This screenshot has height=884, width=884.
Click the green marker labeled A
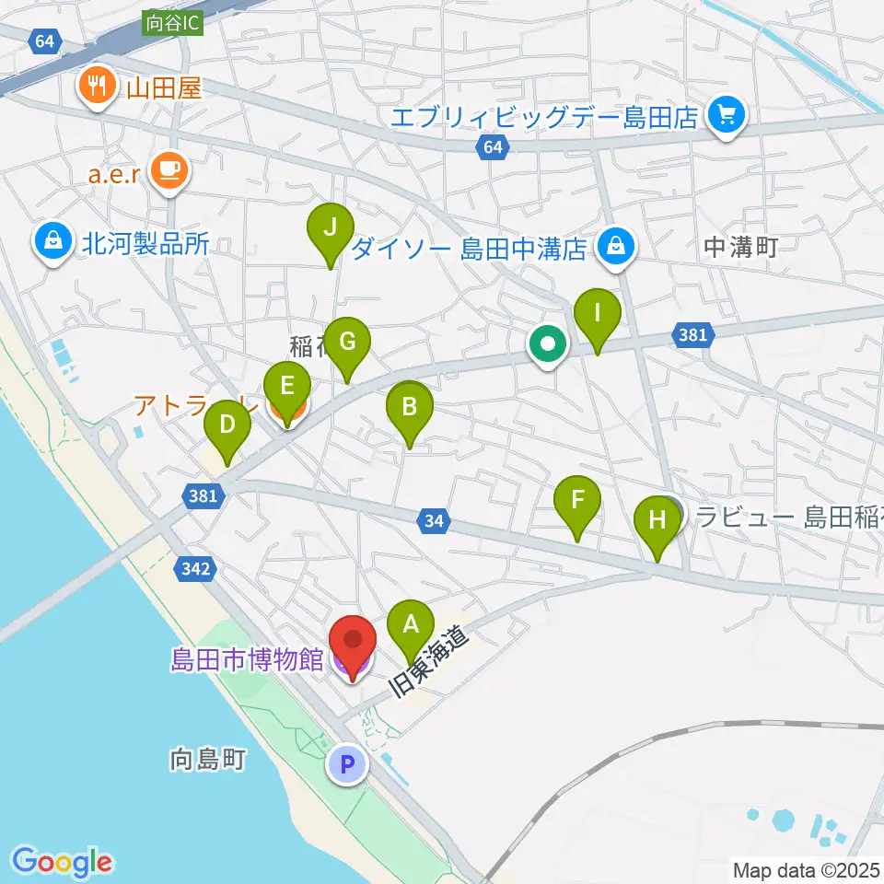410,626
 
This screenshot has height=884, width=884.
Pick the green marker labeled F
577,502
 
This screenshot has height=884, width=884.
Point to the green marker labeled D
227,427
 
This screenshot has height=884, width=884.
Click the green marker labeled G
347,343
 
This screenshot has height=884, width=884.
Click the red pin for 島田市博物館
353,641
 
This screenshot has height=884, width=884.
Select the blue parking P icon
347,763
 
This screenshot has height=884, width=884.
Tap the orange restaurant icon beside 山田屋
96,87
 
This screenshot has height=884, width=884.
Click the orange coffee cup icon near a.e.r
169,169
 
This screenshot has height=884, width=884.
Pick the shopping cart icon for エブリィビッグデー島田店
727,116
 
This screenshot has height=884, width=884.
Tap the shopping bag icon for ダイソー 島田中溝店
615,247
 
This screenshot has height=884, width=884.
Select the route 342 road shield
197,570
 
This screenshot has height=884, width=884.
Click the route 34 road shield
436,522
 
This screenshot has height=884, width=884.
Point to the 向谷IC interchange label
171,22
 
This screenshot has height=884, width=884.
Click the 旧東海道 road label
431,662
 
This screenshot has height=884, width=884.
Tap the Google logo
63,861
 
